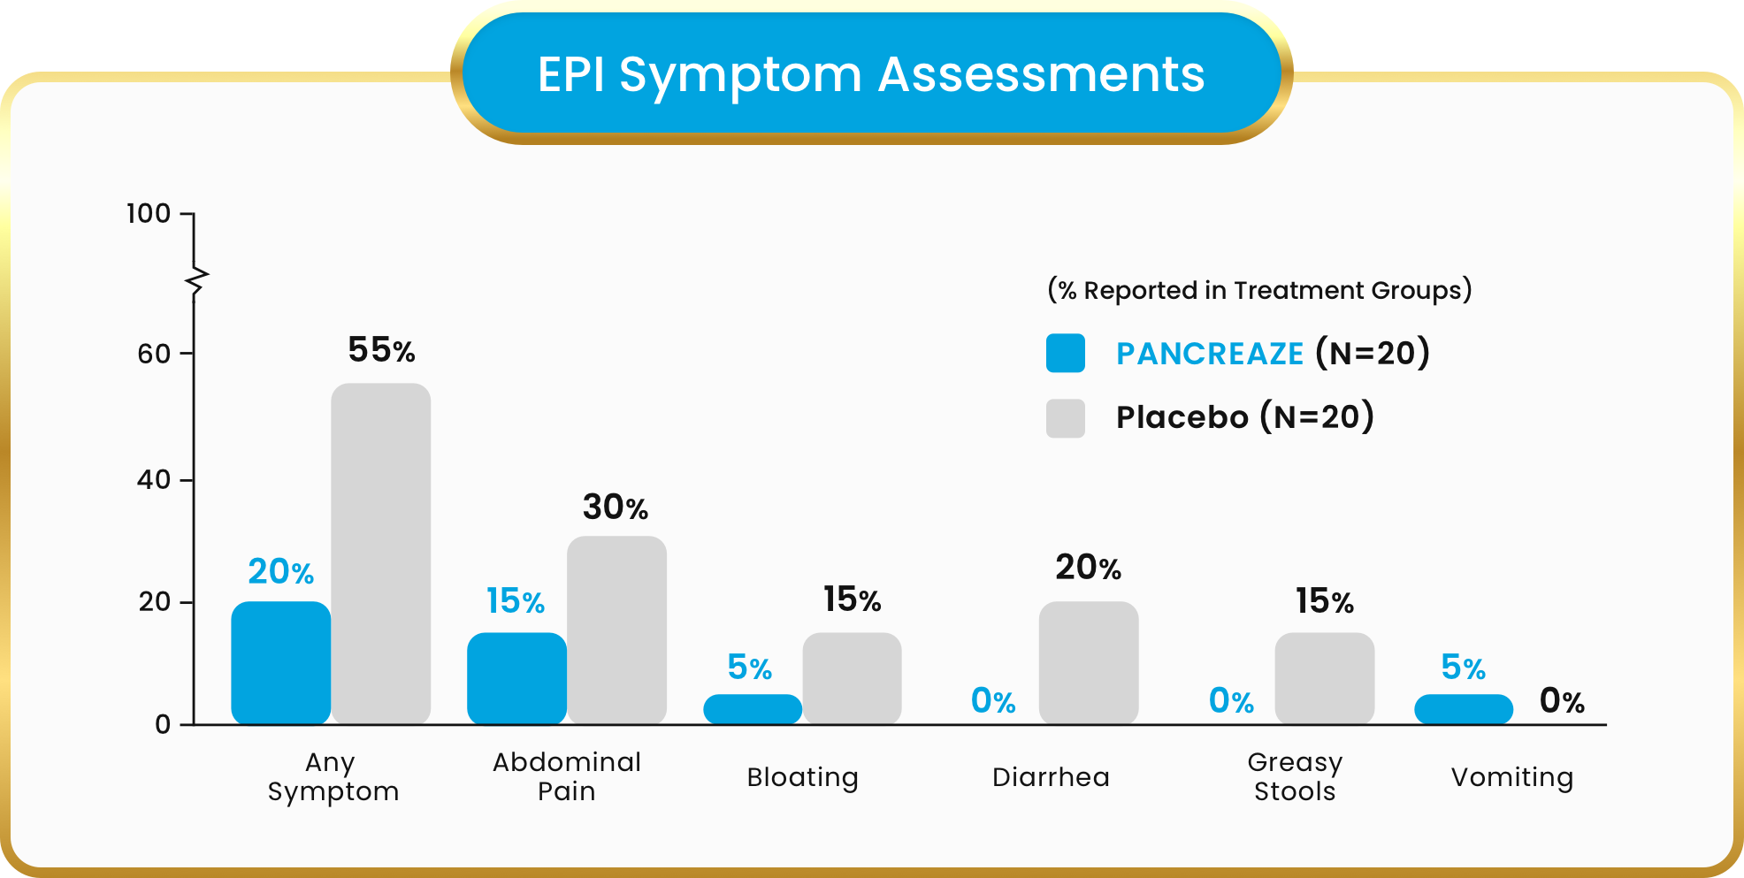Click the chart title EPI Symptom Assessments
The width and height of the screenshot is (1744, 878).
coord(871,74)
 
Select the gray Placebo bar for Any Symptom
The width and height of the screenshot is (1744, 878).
coord(380,554)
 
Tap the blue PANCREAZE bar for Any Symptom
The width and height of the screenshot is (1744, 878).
coord(280,662)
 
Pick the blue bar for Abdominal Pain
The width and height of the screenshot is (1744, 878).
coord(516,678)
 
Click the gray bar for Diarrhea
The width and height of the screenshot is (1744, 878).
coord(1088,662)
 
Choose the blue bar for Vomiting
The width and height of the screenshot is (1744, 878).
coord(1463,709)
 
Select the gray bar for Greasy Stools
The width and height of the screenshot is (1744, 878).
coord(1324,678)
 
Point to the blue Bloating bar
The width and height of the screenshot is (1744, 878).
coord(752,709)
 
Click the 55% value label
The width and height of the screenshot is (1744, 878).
coord(381,350)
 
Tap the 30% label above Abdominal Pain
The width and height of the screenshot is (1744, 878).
coord(616,508)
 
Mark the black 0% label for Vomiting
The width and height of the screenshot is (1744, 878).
coord(1562,701)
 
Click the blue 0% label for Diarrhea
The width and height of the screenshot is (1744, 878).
coord(993,701)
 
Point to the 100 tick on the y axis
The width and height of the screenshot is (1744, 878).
coord(149,213)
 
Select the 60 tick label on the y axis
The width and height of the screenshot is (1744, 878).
coord(154,354)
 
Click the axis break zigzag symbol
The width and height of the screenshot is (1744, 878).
coord(196,282)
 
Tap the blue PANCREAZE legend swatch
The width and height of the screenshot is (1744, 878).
coord(1065,353)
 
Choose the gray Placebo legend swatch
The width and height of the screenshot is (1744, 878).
coord(1065,417)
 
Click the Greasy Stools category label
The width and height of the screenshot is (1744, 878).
coord(1295,776)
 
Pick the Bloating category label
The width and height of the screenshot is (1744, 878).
coord(802,777)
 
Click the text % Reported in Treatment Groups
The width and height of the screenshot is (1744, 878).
coord(1259,290)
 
